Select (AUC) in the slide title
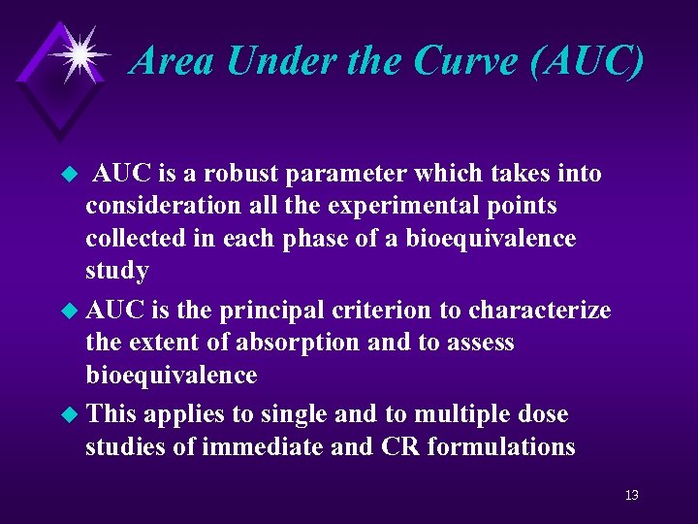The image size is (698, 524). pyautogui.click(x=588, y=60)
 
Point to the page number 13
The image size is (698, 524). pyautogui.click(x=631, y=496)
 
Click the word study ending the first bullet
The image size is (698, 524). pyautogui.click(x=116, y=271)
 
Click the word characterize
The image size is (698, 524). pyautogui.click(x=539, y=311)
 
